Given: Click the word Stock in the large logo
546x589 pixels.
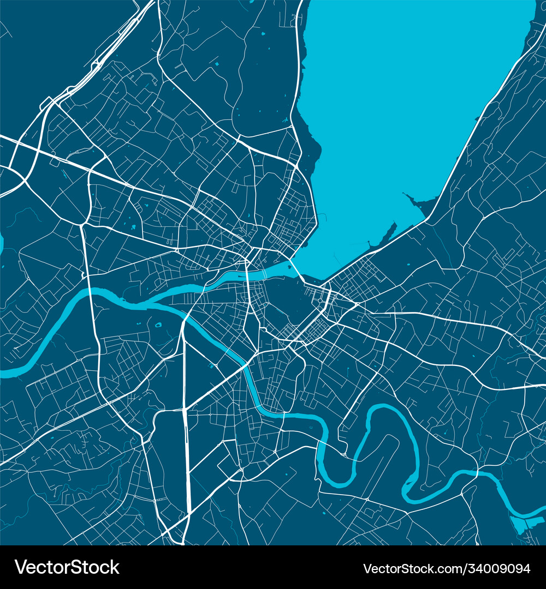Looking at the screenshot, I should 93,567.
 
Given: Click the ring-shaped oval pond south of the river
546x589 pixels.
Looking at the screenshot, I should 158,325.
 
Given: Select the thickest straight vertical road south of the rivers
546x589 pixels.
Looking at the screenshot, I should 186,436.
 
